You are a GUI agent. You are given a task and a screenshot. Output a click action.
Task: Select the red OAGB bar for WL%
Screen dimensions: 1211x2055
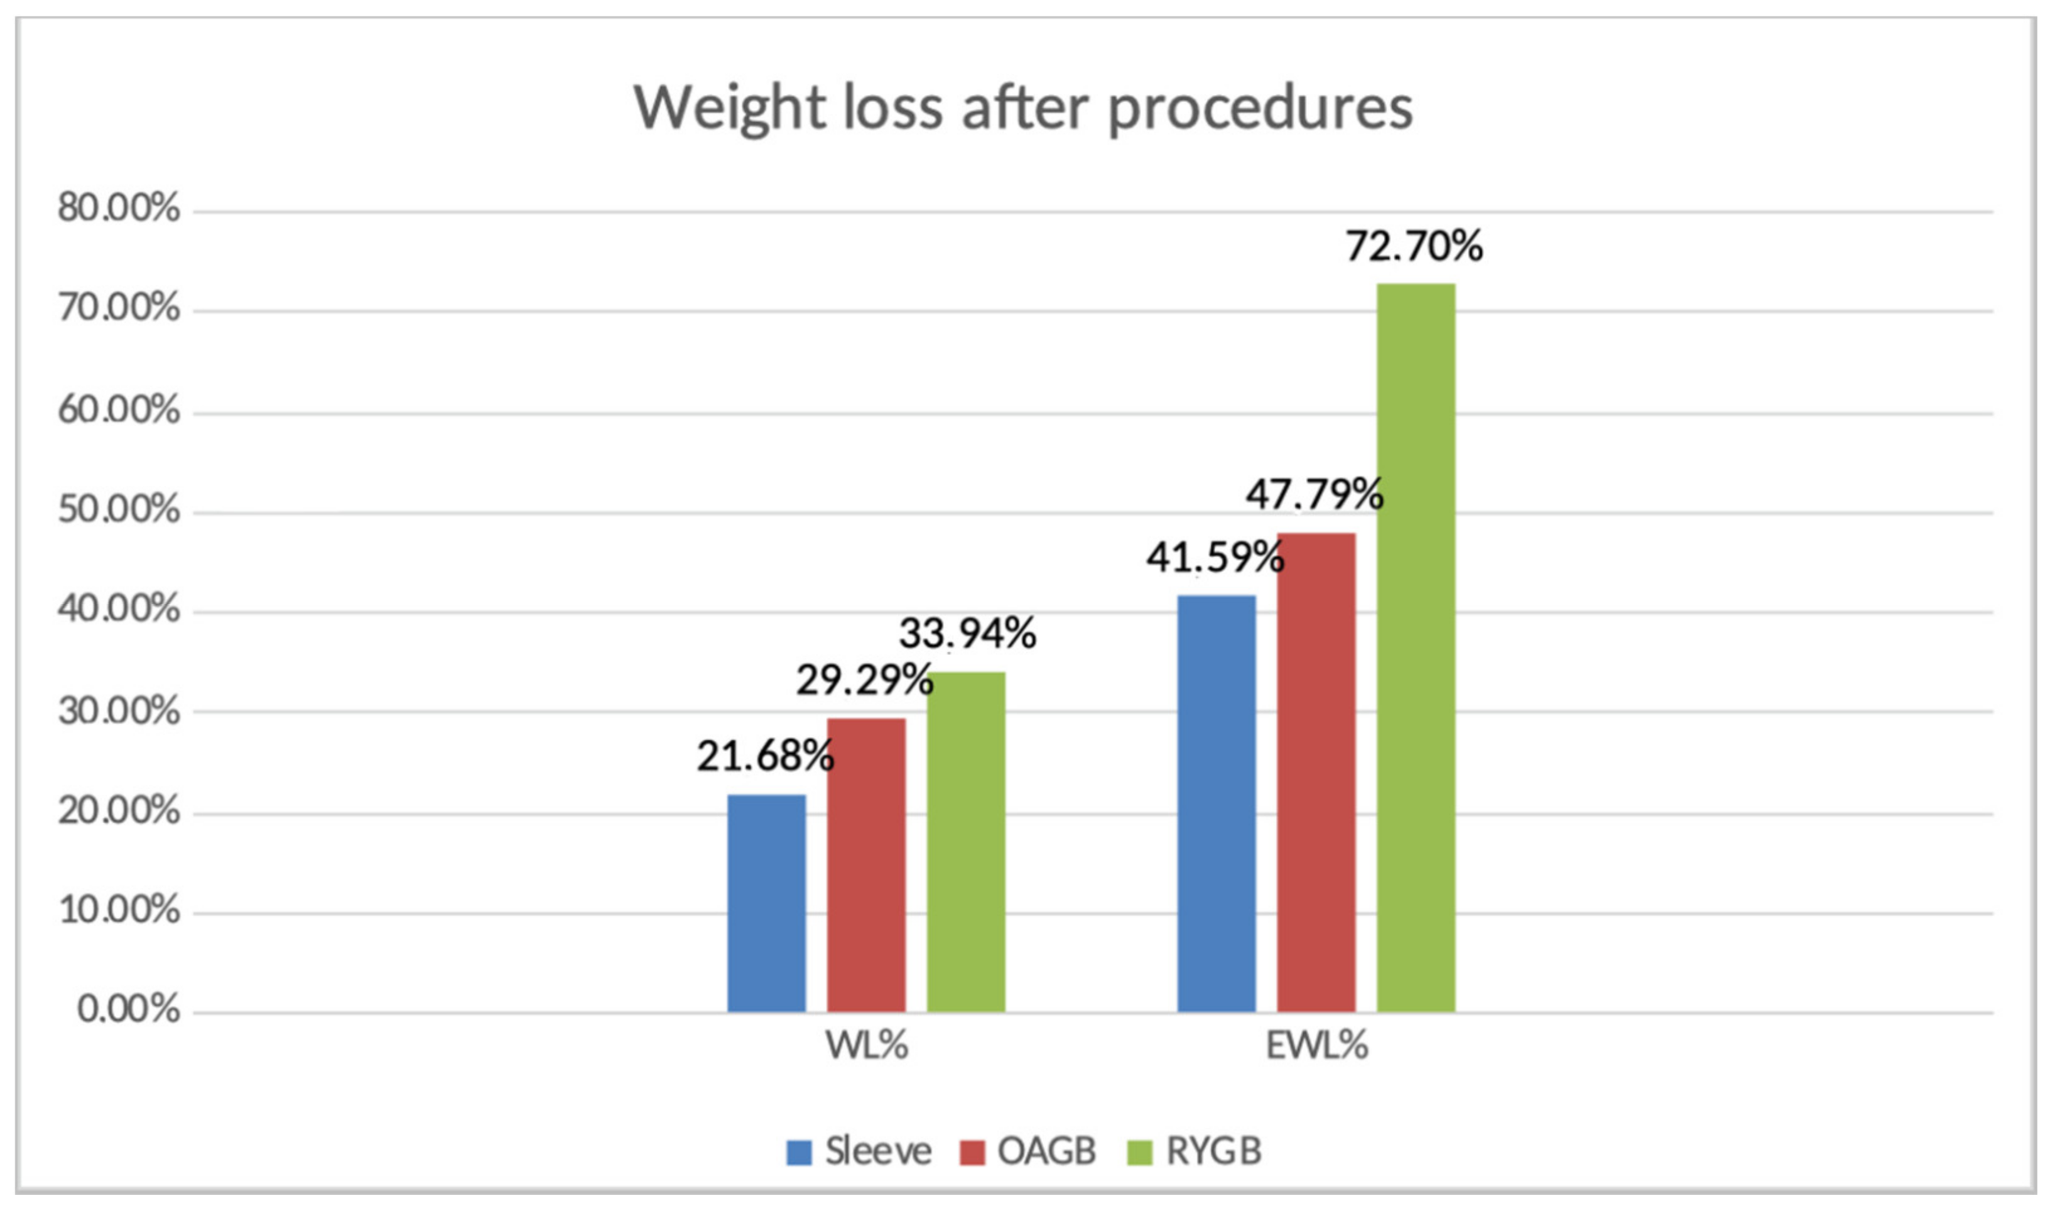pos(865,865)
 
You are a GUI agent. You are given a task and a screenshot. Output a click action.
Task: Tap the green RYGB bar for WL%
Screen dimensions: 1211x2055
pos(965,842)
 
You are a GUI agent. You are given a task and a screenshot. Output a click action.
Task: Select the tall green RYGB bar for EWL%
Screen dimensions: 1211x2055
pos(1416,648)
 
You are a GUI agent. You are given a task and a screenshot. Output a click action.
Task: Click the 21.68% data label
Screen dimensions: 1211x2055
pos(764,756)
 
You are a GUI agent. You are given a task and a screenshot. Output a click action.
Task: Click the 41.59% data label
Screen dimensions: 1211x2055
pos(1214,557)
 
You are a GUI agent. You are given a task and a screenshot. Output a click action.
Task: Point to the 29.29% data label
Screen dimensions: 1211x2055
pos(864,680)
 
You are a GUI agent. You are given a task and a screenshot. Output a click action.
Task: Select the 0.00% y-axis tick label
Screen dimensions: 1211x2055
pos(129,1010)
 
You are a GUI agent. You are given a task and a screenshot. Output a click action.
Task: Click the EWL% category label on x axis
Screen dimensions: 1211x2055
pos(1316,1046)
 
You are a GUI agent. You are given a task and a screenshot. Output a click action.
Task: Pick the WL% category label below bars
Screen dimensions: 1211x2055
pos(866,1046)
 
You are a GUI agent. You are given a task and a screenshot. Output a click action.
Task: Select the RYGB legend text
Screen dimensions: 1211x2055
pos(1213,1151)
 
